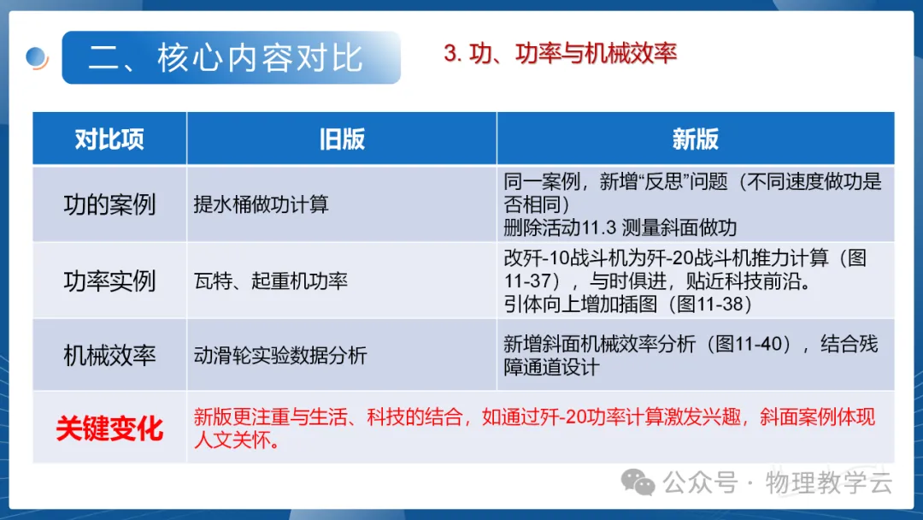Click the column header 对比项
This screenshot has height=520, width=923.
pyautogui.click(x=109, y=139)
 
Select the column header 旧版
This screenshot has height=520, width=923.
pyautogui.click(x=342, y=139)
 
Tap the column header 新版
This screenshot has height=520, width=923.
pyautogui.click(x=695, y=139)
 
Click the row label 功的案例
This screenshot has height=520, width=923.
pyautogui.click(x=109, y=205)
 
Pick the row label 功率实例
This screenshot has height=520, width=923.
pyautogui.click(x=109, y=281)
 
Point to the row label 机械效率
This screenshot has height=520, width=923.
pyautogui.click(x=109, y=356)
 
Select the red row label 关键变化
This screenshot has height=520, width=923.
pyautogui.click(x=109, y=428)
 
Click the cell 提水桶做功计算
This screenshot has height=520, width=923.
pyautogui.click(x=261, y=204)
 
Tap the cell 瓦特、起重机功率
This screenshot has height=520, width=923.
pyautogui.click(x=271, y=281)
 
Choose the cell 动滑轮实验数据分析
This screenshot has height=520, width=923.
pyautogui.click(x=280, y=356)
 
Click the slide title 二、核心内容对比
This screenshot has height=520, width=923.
pyautogui.click(x=226, y=57)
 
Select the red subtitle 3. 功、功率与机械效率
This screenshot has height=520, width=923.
pyautogui.click(x=560, y=53)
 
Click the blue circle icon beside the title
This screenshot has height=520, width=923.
pyautogui.click(x=37, y=57)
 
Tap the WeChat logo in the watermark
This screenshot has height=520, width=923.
pyautogui.click(x=638, y=482)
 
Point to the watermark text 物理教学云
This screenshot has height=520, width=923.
pyautogui.click(x=829, y=483)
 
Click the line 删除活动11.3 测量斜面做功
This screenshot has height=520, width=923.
pyautogui.click(x=620, y=227)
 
